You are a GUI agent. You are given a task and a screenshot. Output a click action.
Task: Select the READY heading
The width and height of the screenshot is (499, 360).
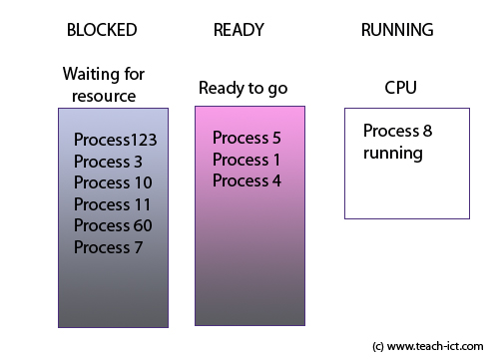click(x=238, y=30)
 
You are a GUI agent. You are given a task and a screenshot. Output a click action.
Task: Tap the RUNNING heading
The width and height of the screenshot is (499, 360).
click(x=396, y=30)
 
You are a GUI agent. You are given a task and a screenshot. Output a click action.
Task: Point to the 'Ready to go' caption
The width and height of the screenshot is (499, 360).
click(x=243, y=88)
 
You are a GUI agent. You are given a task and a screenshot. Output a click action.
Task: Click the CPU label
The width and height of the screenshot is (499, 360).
click(x=400, y=88)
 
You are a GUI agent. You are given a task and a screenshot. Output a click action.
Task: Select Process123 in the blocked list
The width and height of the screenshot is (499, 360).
click(x=115, y=140)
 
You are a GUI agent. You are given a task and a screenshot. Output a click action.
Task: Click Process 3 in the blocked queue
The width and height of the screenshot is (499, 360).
click(x=108, y=162)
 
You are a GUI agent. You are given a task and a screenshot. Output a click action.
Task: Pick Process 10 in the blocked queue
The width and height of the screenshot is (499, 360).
click(x=113, y=182)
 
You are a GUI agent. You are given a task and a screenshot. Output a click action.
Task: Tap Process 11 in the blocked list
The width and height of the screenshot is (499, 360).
click(x=113, y=204)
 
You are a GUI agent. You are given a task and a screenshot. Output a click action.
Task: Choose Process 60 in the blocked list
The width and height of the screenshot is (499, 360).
click(x=113, y=225)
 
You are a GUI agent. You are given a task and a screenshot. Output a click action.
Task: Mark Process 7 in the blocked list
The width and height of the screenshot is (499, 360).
click(x=108, y=247)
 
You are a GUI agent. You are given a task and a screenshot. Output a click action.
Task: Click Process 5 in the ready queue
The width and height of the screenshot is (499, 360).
click(x=247, y=138)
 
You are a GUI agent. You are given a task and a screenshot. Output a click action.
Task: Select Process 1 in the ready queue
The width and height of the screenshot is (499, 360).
click(x=247, y=160)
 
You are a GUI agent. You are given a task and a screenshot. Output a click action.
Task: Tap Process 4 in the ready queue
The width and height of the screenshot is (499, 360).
click(x=247, y=180)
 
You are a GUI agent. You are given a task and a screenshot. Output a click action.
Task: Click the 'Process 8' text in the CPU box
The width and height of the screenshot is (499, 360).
click(x=397, y=131)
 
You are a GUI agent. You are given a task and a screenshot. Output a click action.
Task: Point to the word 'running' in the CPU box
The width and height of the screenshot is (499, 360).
click(x=392, y=154)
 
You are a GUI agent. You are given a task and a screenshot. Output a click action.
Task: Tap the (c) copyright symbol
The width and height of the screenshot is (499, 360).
click(x=377, y=346)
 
